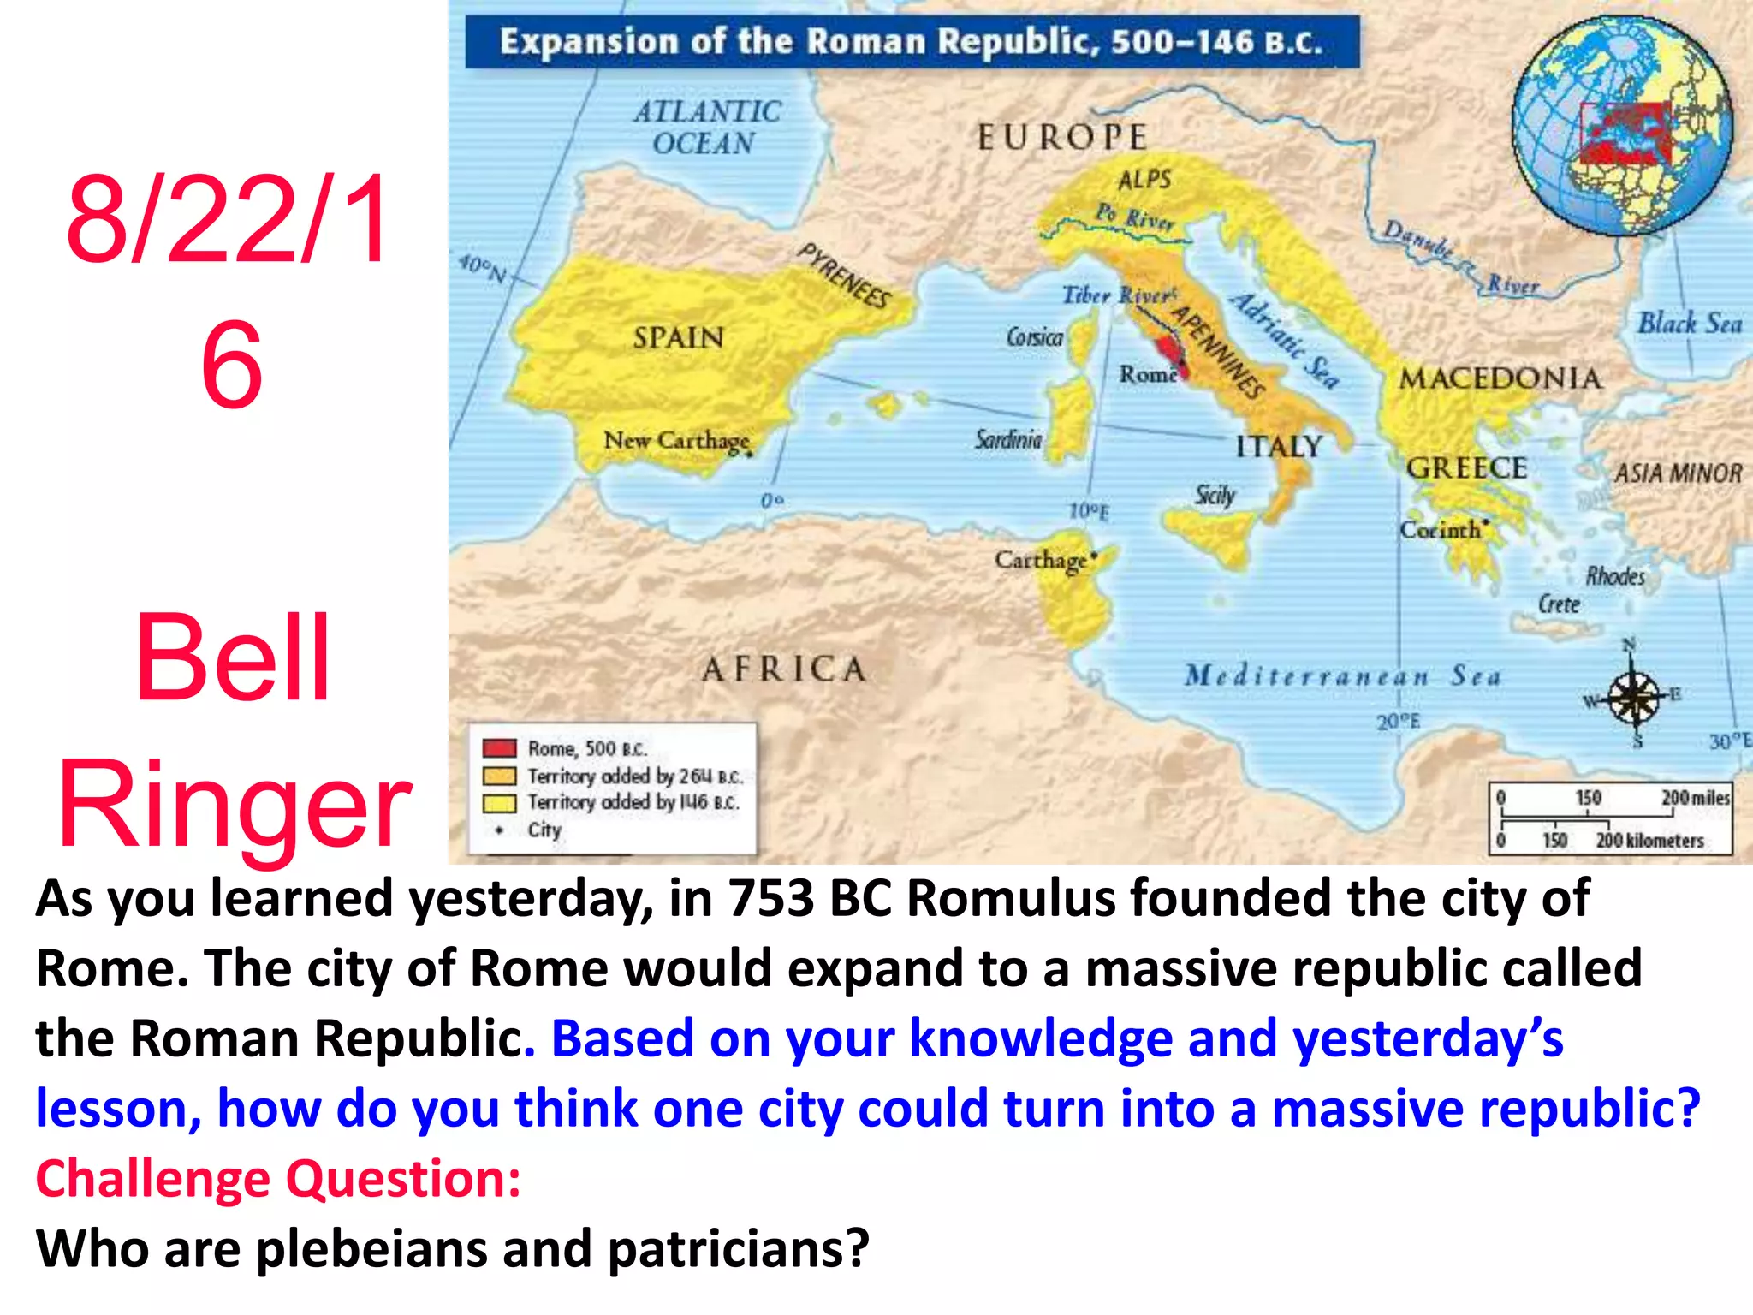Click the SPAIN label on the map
coord(678,338)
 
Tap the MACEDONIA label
coord(1500,378)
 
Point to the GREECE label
coord(1466,468)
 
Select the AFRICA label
coord(783,669)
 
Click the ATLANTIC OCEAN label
coord(706,127)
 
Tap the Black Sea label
coord(1690,324)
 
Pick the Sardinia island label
coord(1008,440)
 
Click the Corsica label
coord(1034,337)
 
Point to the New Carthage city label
coord(675,441)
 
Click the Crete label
coord(1559,604)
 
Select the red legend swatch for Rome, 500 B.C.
coord(499,748)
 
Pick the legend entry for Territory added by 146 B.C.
coord(633,803)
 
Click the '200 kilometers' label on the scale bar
coord(1649,841)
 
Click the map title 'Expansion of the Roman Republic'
coord(911,42)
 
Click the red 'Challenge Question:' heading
coord(278,1179)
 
